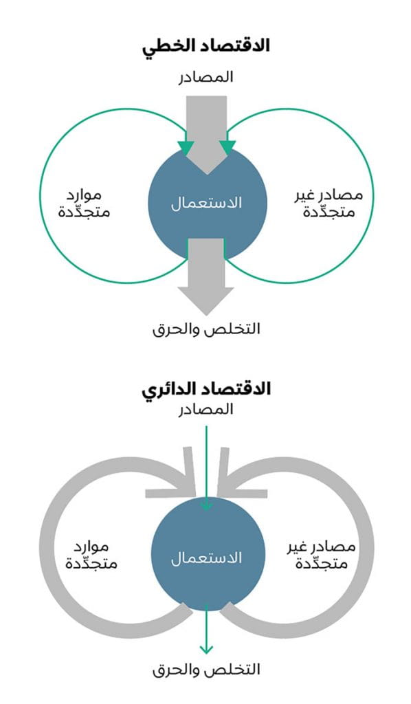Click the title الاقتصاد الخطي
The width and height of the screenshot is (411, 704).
206,46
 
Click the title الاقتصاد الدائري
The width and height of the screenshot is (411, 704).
206,388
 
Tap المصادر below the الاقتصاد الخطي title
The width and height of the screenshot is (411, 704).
206,77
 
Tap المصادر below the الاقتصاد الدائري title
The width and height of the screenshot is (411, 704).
206,410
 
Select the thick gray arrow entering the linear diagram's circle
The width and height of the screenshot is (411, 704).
206,135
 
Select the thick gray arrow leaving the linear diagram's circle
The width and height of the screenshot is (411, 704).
206,276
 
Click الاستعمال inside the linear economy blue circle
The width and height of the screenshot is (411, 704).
206,203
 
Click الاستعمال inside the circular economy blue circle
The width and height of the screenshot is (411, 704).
206,558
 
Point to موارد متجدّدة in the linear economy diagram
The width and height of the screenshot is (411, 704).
84,203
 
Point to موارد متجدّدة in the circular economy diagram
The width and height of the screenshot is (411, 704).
91,555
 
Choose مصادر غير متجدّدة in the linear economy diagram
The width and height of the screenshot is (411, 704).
329,203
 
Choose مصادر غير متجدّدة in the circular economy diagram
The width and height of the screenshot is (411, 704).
322,555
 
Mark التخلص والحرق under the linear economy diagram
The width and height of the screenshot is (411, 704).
206,329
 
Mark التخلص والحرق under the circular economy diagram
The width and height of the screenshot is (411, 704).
206,670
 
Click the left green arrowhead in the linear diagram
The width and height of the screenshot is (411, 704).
186,148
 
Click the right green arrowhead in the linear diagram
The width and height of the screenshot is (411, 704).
227,148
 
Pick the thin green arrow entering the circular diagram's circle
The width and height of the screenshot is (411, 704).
206,467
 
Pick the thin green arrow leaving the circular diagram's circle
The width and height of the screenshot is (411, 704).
206,628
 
